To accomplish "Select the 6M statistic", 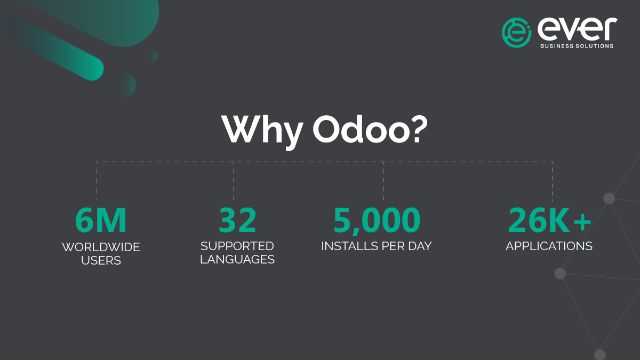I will coord(101,220).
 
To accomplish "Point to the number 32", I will coord(238,220).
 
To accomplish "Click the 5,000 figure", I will coord(377,220).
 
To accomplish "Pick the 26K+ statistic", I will coord(549,220).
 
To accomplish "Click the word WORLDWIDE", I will coord(101,247).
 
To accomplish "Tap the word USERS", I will coord(101,261).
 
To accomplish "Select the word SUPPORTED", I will coord(237,246).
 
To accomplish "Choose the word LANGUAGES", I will coord(237,260).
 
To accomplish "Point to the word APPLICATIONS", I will coord(549,246).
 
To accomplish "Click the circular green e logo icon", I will coord(516,33).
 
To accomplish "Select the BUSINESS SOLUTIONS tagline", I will coord(577,46).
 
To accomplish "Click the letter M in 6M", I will coord(112,220).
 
